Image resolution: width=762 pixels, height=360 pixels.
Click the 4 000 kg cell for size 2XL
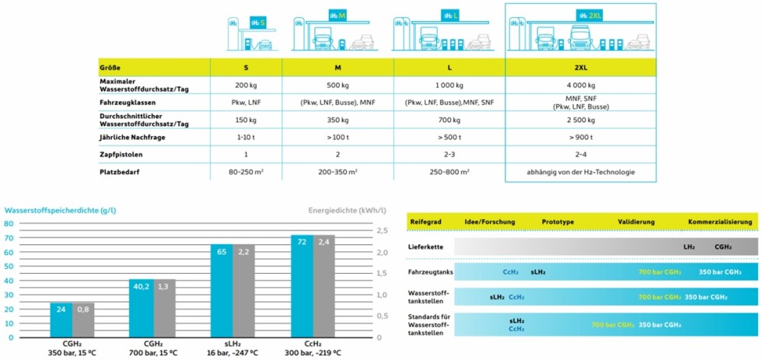pyautogui.click(x=580, y=86)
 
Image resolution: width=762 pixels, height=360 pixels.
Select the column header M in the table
pyautogui.click(x=337, y=67)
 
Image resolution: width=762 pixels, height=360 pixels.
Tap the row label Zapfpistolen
pyautogui.click(x=121, y=154)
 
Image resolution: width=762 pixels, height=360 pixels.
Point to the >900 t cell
pyautogui.click(x=580, y=138)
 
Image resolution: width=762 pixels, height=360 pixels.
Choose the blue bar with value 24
pyautogui.click(x=61, y=320)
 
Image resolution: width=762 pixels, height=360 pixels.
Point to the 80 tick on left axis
pyautogui.click(x=10, y=223)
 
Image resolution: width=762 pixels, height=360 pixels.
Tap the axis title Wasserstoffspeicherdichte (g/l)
pyautogui.click(x=61, y=210)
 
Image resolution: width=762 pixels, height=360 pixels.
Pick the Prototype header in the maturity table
pyautogui.click(x=558, y=222)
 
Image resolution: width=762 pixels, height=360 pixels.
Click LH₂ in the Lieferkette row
pyautogui.click(x=689, y=246)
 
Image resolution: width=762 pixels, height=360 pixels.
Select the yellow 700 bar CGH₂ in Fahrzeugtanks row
pyautogui.click(x=659, y=272)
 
